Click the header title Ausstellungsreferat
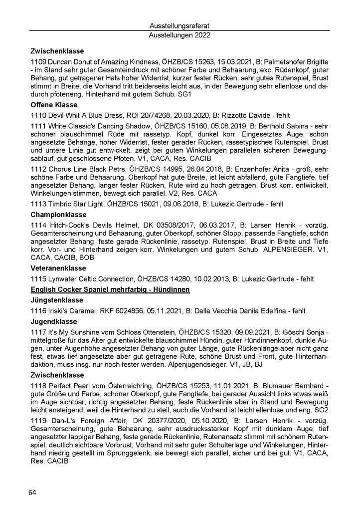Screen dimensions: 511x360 [180, 25]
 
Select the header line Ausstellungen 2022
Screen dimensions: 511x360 [180, 35]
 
